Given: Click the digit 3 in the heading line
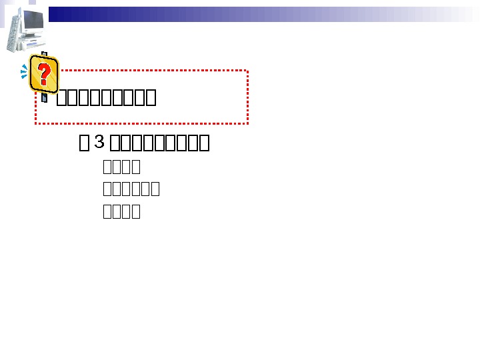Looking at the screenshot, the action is coord(99,142).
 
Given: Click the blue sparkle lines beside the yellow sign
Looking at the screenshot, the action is coord(25,71).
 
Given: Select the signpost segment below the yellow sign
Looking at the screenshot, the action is coord(44,97).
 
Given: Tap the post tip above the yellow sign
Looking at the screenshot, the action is coord(44,54).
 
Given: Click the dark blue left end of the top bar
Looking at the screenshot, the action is coord(57,14).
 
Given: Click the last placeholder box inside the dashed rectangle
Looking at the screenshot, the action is coord(151,98).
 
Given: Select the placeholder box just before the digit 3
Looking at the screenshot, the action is coord(84,143).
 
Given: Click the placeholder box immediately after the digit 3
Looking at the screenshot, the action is coord(115,143).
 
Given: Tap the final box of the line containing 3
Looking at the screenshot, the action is coord(205,143).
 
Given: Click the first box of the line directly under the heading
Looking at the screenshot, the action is coord(108,167).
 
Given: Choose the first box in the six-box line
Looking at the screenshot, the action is coord(108,189).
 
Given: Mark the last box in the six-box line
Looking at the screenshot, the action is coord(155,189).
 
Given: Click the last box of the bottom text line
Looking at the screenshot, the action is coord(136,212).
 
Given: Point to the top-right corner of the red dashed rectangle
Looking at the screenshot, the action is coord(248,70).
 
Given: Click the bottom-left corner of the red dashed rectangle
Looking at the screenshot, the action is coord(36,123).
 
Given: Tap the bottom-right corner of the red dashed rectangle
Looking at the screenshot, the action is coord(248,123).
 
